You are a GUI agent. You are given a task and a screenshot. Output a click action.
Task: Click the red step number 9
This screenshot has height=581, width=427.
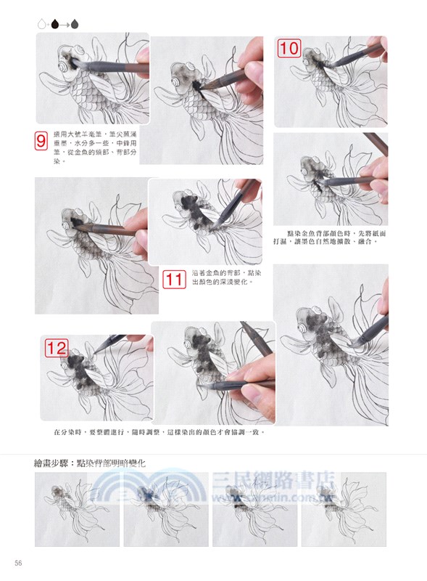click(41, 141)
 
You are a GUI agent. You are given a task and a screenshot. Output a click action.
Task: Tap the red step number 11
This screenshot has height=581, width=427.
click(174, 279)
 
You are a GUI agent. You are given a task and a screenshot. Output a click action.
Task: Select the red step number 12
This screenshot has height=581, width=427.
click(57, 348)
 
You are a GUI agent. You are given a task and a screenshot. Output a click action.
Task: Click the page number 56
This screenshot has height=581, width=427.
click(18, 564)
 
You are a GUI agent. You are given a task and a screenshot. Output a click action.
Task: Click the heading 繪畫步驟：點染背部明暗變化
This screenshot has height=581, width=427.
click(94, 462)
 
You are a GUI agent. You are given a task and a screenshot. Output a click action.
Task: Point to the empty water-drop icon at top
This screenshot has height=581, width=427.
click(42, 24)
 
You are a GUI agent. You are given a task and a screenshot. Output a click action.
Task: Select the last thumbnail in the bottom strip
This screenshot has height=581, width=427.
click(344, 508)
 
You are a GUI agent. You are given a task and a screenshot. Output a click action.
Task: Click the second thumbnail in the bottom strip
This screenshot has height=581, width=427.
click(166, 508)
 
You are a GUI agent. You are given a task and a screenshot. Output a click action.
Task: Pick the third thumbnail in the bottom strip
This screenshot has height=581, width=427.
click(255, 508)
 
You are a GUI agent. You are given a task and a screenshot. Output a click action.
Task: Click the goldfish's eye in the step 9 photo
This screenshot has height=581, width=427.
click(71, 64)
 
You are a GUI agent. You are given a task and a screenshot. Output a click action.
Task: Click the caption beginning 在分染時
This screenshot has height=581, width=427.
click(159, 432)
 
